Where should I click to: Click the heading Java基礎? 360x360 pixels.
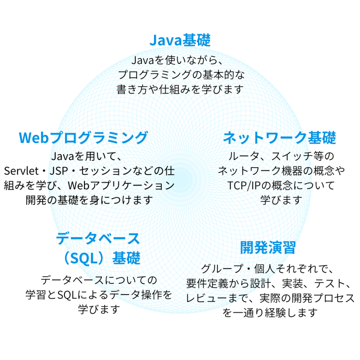pos(180,40)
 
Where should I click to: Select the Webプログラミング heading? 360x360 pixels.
pos(83,137)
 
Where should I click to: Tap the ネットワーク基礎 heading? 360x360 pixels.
pos(279,137)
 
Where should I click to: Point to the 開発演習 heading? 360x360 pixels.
pos(268,247)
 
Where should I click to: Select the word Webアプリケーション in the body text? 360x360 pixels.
pos(121,185)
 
